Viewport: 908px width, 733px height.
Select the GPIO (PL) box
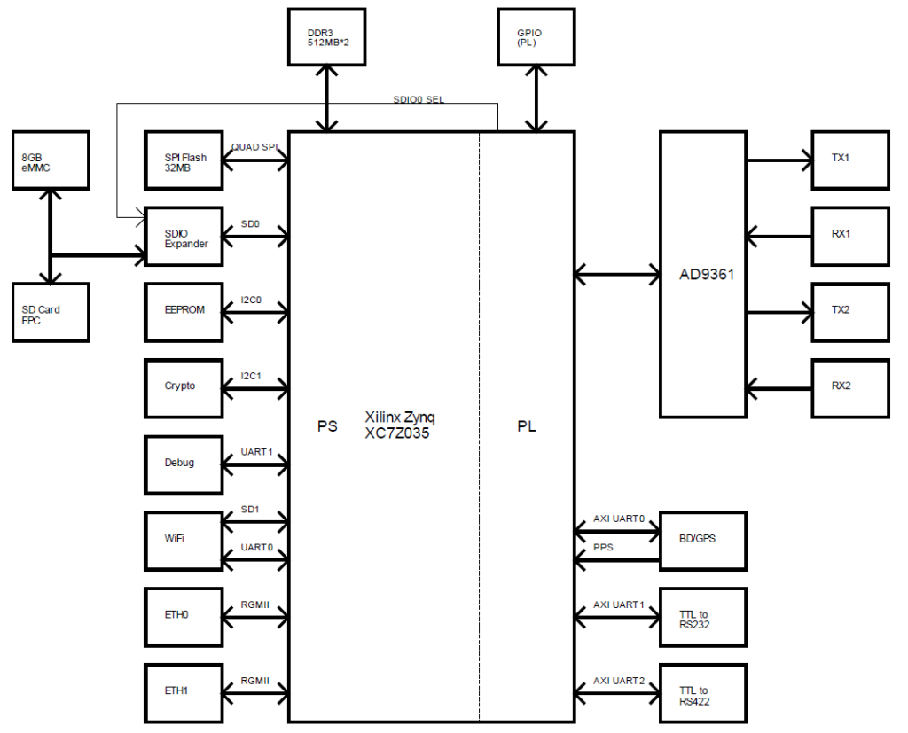(x=535, y=36)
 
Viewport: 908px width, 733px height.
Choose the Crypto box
(x=184, y=387)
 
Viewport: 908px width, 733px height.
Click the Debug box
(x=184, y=464)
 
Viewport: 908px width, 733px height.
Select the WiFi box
(x=184, y=540)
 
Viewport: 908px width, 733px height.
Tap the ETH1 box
(x=184, y=691)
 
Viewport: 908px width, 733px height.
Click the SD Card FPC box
(x=51, y=313)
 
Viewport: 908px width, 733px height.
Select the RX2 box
(x=849, y=387)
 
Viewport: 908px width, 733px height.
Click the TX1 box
(x=849, y=160)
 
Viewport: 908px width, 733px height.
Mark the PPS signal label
(x=604, y=548)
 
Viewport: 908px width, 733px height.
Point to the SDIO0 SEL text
(x=419, y=100)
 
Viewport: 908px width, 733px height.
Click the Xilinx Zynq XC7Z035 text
(x=401, y=425)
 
